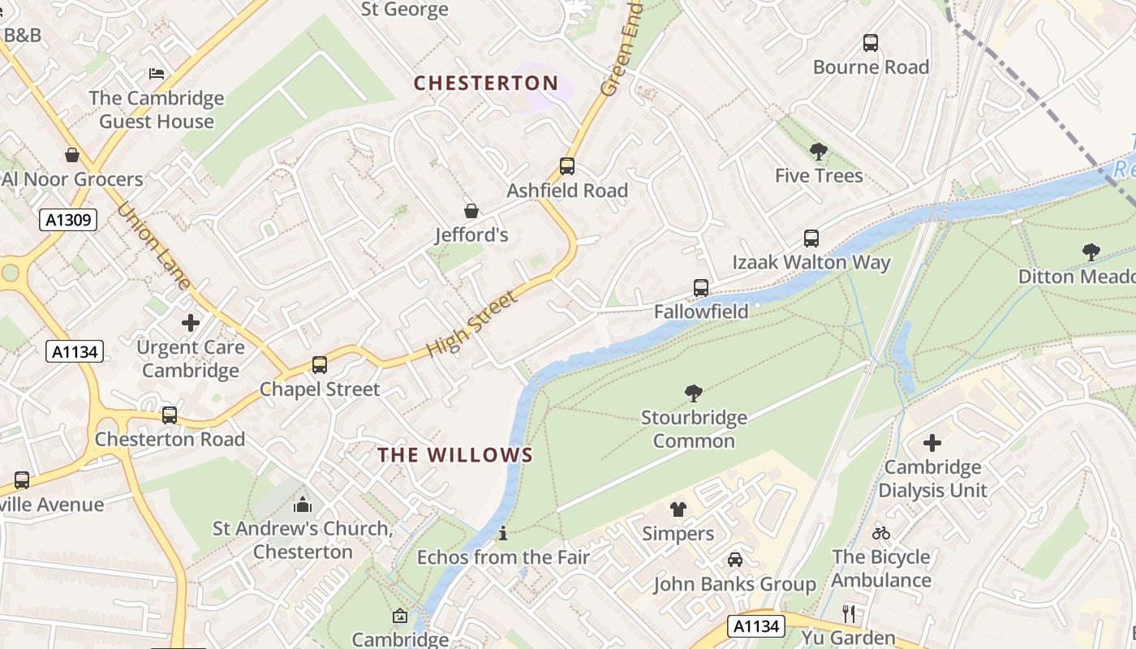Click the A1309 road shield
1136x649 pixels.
click(x=68, y=220)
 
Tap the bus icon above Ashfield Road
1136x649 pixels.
click(x=567, y=166)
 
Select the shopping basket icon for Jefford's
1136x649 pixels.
click(x=471, y=211)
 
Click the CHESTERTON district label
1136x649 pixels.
click(x=486, y=83)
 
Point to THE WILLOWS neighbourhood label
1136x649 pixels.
click(x=455, y=455)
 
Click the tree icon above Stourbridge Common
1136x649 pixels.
click(x=694, y=393)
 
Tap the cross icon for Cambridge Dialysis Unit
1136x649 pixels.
click(x=932, y=443)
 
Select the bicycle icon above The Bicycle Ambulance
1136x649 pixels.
click(x=880, y=533)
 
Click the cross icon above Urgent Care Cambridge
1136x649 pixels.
click(x=191, y=323)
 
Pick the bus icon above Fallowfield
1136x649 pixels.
click(x=701, y=287)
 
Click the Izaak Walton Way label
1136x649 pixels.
click(x=811, y=262)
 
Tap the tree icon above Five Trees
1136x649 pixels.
click(x=819, y=151)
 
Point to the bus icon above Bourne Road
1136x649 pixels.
click(x=871, y=43)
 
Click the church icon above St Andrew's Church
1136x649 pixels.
click(x=303, y=505)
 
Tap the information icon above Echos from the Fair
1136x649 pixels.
click(x=503, y=533)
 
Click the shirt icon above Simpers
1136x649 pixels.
click(x=678, y=509)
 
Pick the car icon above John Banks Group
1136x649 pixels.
click(x=734, y=560)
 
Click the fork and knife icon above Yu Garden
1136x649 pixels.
click(x=849, y=613)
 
